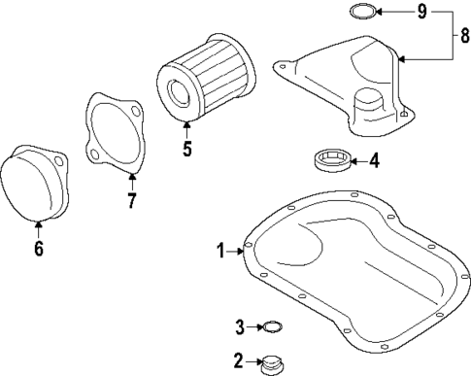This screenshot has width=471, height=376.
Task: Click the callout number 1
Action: click(x=220, y=251)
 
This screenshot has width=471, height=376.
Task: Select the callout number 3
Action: click(x=240, y=325)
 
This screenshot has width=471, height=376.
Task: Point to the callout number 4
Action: click(x=374, y=160)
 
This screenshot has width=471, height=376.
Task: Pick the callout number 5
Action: click(x=186, y=150)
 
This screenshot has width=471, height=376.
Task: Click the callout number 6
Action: click(x=39, y=248)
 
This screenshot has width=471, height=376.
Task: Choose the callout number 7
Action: click(x=132, y=201)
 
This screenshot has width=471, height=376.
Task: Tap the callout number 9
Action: click(x=421, y=12)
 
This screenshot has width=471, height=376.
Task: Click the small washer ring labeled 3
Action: click(x=273, y=326)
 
